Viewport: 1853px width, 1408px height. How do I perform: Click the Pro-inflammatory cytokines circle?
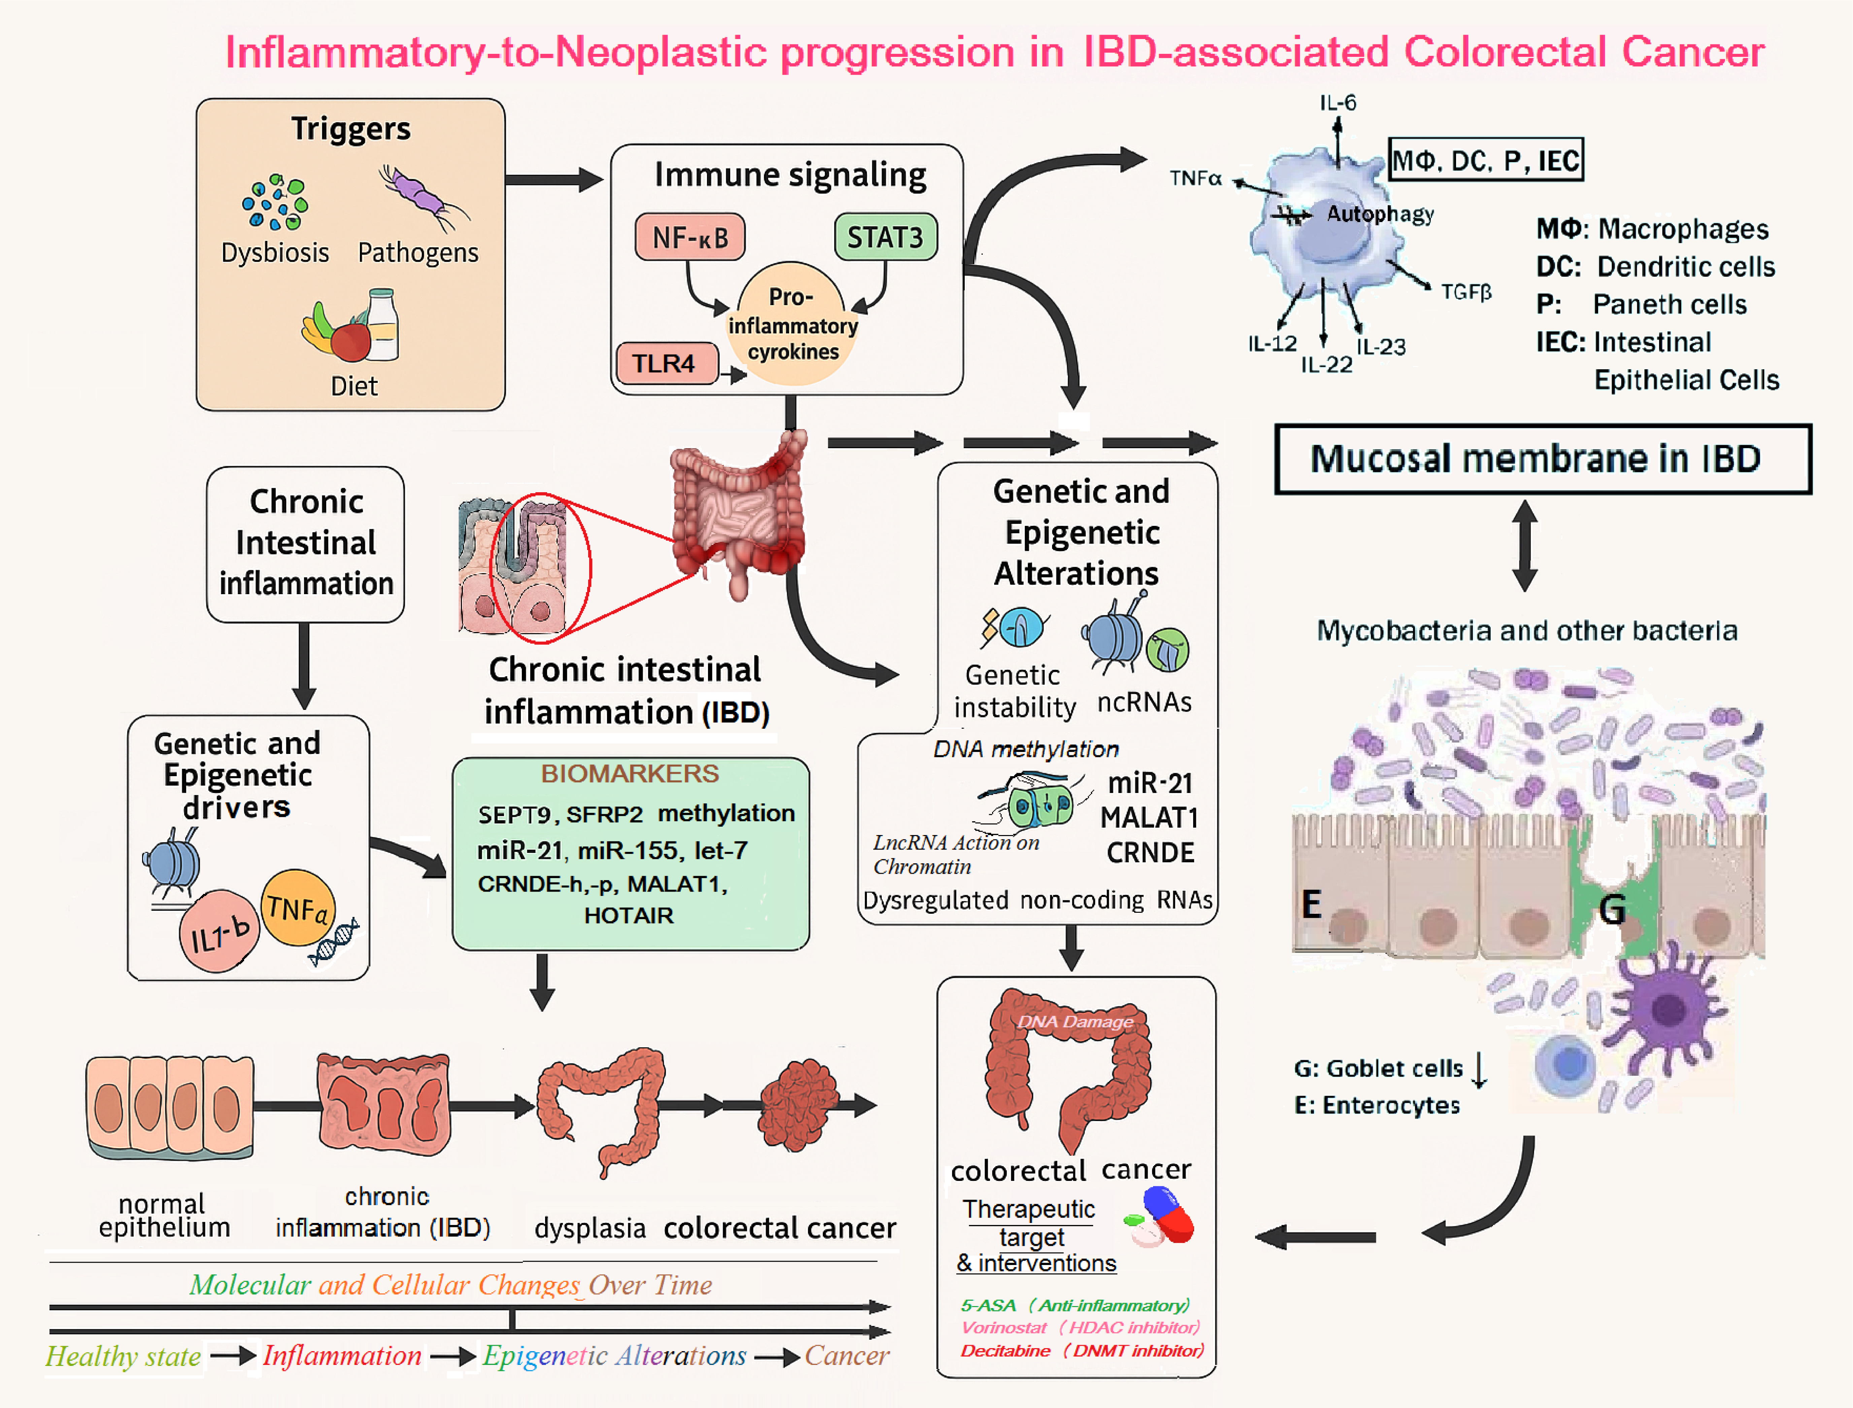coord(791,325)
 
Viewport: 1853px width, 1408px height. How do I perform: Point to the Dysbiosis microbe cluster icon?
coord(274,203)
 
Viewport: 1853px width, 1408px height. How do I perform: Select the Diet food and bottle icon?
coord(352,328)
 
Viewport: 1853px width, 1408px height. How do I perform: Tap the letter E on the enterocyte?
coord(1311,904)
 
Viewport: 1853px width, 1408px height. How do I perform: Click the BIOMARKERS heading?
coord(630,773)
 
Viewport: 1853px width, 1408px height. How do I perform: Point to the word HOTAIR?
coord(629,915)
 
